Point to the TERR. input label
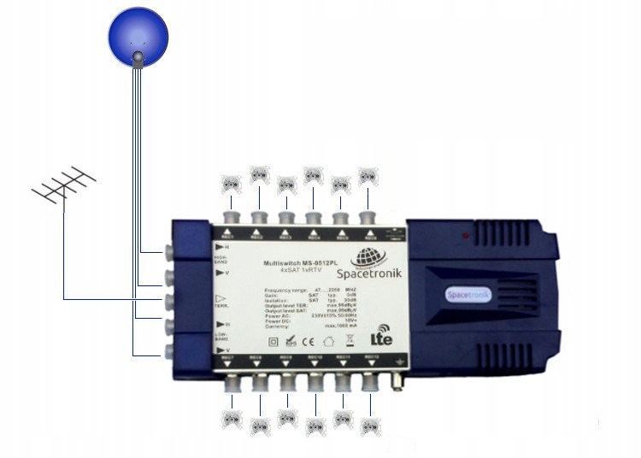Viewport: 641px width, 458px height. (x=221, y=304)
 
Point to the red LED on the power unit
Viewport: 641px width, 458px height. (x=464, y=232)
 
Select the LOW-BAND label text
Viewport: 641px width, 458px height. (x=220, y=338)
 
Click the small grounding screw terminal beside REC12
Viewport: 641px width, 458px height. (x=397, y=379)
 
